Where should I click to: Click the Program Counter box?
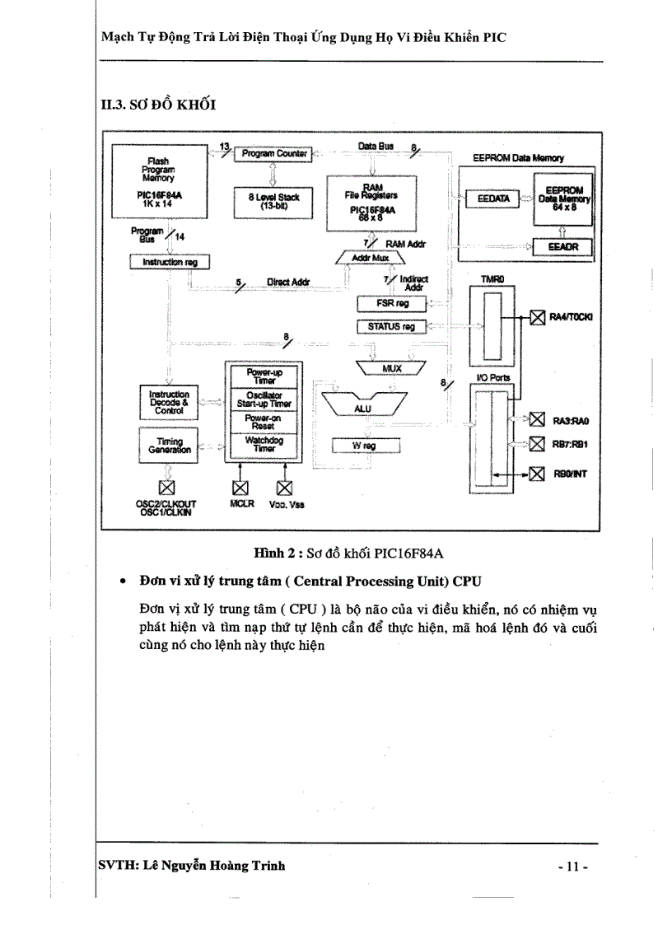click(x=272, y=154)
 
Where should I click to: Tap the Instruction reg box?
click(x=170, y=262)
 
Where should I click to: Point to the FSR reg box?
click(x=392, y=304)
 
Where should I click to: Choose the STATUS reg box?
click(x=392, y=327)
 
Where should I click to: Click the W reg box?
click(x=365, y=446)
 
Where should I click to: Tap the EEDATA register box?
click(x=489, y=199)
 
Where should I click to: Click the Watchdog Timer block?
click(x=264, y=445)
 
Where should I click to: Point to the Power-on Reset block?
click(x=264, y=422)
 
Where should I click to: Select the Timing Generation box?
click(x=169, y=446)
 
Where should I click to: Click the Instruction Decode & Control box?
click(x=169, y=401)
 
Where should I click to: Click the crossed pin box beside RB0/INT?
click(x=538, y=473)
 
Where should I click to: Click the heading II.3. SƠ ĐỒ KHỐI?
click(x=157, y=105)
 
